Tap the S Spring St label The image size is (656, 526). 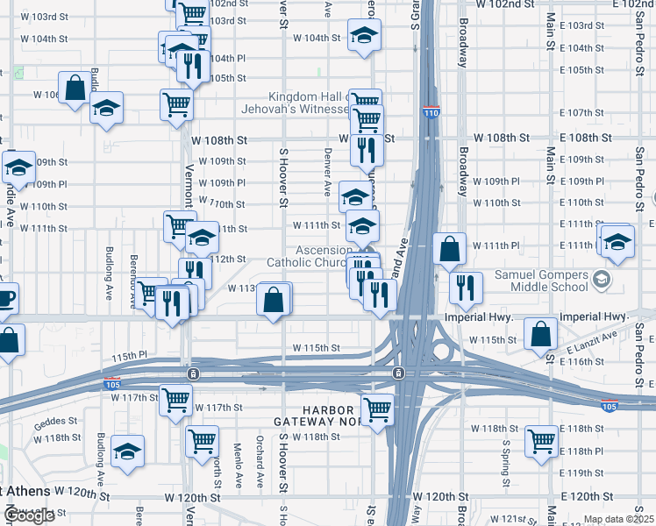[x=506, y=463]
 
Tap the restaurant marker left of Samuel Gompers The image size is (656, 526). [x=466, y=286]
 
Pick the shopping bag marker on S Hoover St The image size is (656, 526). [x=275, y=300]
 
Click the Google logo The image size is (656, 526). [x=28, y=515]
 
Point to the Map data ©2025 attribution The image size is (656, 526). [x=619, y=519]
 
